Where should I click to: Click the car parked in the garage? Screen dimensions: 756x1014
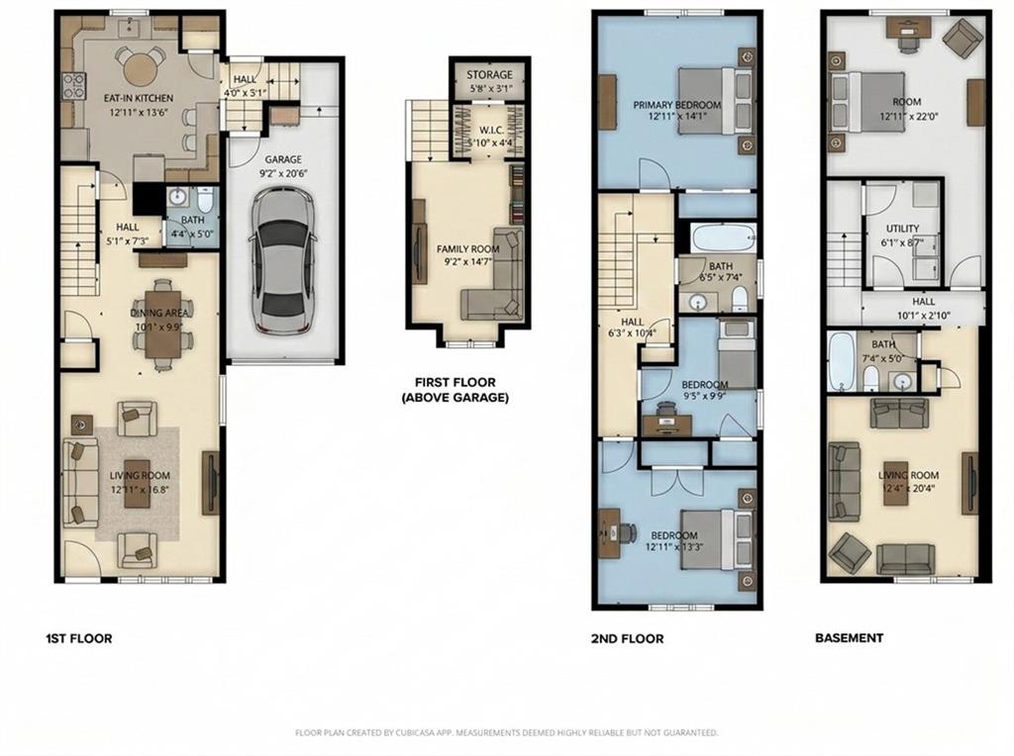coord(282,260)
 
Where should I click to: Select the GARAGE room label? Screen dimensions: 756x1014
coord(282,159)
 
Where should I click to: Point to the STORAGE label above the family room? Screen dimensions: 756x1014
coord(489,74)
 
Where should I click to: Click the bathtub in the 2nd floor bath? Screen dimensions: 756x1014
coord(720,238)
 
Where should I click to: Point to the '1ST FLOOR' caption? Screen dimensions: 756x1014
coord(78,638)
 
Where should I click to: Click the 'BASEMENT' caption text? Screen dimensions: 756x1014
coord(849,638)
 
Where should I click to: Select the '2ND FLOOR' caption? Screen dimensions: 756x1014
coord(627,638)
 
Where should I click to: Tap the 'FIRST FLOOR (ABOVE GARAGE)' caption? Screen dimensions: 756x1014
coord(456,390)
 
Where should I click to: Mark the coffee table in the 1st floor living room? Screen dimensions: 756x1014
coord(136,483)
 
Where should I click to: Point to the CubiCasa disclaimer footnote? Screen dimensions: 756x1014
coord(506,733)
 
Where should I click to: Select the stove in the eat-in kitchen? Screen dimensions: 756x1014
coord(72,86)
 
